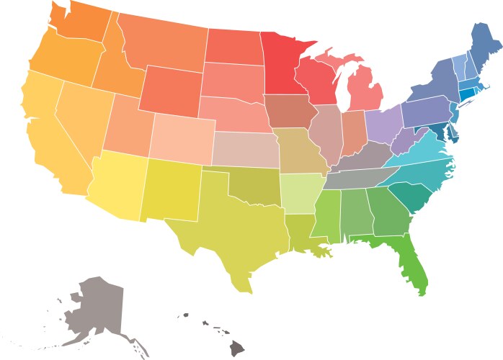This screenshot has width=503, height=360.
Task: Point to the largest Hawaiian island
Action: tap(237, 348)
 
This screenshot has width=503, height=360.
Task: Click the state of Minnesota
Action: tap(285, 65)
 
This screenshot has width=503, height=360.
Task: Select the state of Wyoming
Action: tap(169, 90)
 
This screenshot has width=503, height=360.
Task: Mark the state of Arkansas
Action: tap(298, 191)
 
